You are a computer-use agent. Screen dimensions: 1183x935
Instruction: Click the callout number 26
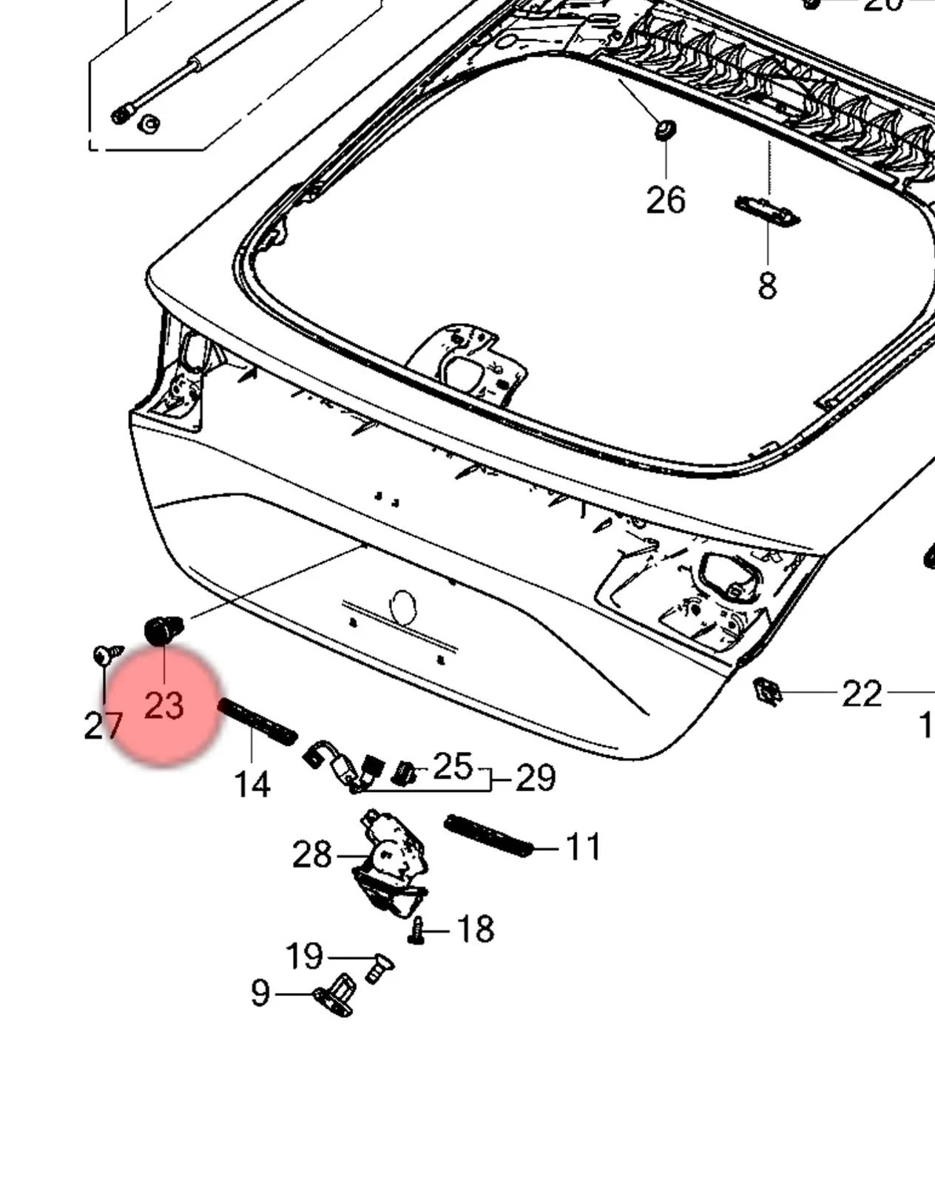click(x=666, y=200)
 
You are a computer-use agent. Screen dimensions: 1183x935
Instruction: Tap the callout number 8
click(x=767, y=286)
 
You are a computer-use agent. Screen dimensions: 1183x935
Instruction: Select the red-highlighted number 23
click(x=163, y=705)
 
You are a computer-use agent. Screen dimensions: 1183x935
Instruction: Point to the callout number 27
click(x=103, y=726)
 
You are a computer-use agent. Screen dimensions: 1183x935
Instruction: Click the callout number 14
click(x=252, y=784)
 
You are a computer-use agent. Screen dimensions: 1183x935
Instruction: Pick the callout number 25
click(x=452, y=767)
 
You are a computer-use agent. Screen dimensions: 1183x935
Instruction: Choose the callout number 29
click(x=535, y=779)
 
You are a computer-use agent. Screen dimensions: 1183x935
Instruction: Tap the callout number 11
click(x=583, y=847)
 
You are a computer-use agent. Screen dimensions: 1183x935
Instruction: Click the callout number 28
click(x=312, y=855)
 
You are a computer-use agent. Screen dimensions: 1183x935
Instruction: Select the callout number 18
click(x=475, y=929)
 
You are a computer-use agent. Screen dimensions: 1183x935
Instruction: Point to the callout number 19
click(x=304, y=957)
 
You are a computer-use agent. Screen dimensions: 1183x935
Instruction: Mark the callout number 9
click(x=260, y=994)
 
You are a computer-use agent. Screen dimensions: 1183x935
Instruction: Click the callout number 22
click(x=862, y=694)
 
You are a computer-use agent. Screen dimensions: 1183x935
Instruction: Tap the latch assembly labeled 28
click(x=391, y=861)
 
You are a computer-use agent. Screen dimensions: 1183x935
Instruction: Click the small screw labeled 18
click(x=416, y=931)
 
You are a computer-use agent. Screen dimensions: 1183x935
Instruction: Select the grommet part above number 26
click(x=665, y=130)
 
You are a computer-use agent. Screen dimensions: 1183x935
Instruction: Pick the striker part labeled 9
click(x=337, y=995)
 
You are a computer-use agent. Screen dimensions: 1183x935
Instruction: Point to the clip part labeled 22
click(x=767, y=692)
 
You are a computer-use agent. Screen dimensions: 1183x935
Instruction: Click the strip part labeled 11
click(x=488, y=835)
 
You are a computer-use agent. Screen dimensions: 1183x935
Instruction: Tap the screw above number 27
click(x=108, y=654)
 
